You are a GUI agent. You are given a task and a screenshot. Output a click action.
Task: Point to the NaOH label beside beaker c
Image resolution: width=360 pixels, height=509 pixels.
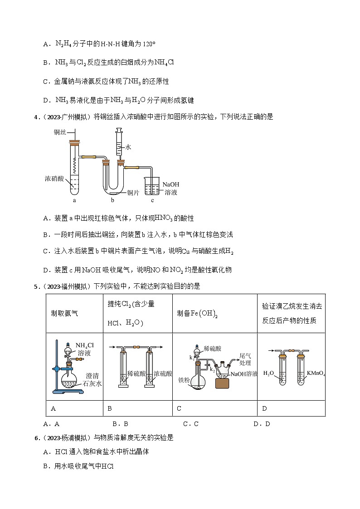coord(170,184)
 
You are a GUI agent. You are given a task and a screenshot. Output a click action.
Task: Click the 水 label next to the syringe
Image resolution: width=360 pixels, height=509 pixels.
coord(128,147)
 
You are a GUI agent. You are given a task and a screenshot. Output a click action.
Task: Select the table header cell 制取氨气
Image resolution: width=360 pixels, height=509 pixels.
coord(65,313)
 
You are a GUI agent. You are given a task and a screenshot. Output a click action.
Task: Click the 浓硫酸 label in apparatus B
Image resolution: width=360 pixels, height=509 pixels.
coord(163,374)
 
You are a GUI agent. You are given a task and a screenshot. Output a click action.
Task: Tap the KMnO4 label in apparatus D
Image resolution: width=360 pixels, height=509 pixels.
coord(315,373)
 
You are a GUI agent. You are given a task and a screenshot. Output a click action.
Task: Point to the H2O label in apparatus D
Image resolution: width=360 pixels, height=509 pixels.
coord(269,373)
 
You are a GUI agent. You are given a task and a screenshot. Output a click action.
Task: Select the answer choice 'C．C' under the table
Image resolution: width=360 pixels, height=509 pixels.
coord(190,424)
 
